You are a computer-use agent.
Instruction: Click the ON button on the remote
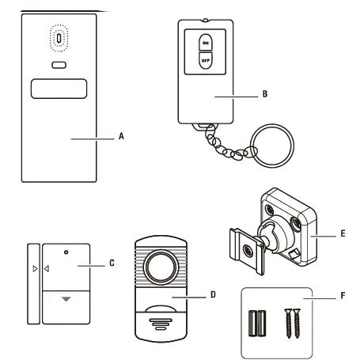click(x=205, y=42)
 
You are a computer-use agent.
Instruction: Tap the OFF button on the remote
click(x=205, y=60)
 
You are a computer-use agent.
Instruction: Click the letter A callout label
click(x=121, y=136)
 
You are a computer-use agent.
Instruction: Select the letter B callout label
click(x=265, y=94)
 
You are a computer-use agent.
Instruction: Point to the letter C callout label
click(x=112, y=263)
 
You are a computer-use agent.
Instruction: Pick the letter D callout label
click(x=213, y=294)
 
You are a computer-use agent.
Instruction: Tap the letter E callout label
click(x=343, y=233)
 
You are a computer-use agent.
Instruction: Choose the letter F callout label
click(x=343, y=296)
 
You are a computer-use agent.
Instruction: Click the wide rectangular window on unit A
click(x=59, y=89)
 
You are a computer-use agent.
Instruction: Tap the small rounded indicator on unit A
click(x=59, y=65)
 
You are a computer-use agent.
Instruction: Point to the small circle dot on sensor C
click(x=66, y=252)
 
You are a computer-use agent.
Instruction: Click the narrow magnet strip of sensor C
click(x=33, y=284)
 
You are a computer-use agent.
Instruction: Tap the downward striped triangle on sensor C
click(x=66, y=299)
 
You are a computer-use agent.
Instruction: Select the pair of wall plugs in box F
click(x=257, y=323)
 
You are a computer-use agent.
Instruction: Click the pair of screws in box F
click(x=293, y=324)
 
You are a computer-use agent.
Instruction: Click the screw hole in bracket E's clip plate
click(x=248, y=249)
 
